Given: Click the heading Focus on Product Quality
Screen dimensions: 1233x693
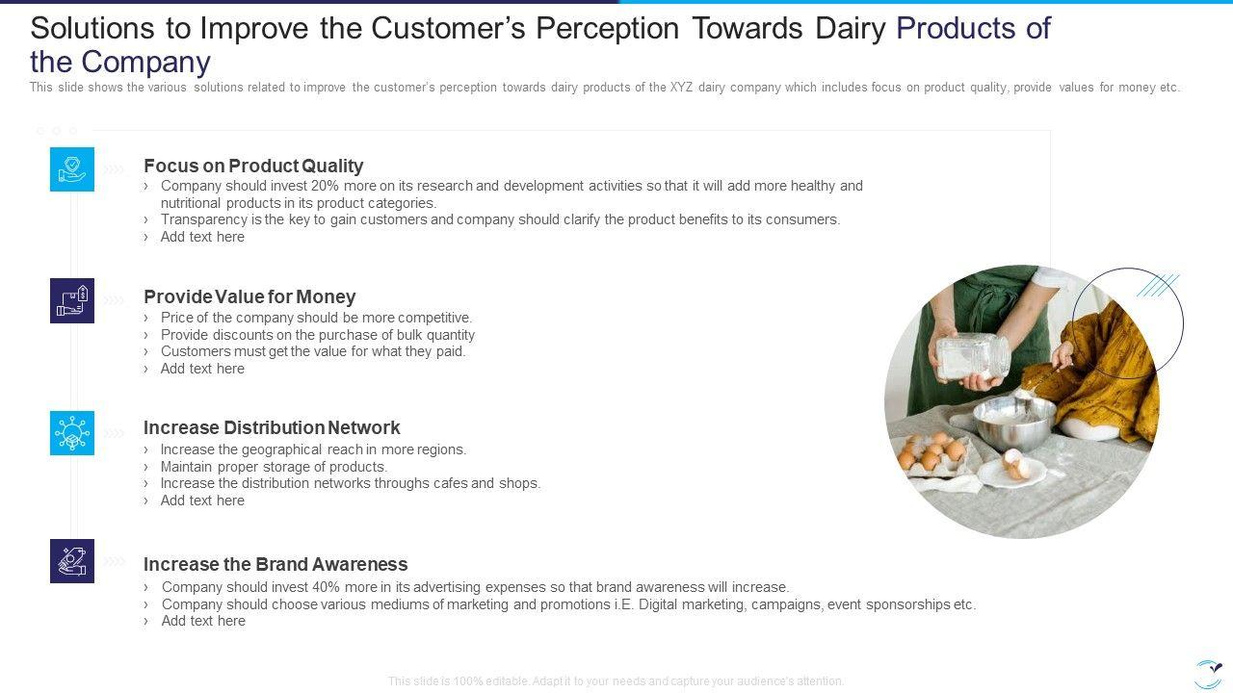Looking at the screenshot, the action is (253, 166).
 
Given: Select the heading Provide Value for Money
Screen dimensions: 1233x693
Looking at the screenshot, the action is (249, 296).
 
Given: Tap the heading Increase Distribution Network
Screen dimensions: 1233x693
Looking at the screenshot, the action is (272, 427).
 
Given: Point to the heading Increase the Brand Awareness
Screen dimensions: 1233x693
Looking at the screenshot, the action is (275, 564).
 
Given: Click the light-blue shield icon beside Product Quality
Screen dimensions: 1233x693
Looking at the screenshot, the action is (72, 169).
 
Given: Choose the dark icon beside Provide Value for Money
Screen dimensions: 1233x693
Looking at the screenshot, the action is (72, 301).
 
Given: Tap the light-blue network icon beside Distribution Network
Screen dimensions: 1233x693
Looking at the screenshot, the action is (72, 433).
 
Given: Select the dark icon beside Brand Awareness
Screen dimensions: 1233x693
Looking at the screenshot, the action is (72, 561).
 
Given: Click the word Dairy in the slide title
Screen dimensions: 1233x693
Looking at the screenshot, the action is (850, 28).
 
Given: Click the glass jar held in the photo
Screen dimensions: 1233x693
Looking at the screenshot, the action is (973, 356).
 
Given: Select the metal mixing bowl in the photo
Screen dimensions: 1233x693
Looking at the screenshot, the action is (1014, 423).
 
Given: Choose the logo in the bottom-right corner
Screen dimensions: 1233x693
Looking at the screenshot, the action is (1208, 675).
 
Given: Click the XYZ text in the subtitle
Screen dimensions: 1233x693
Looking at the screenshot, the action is (681, 88).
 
